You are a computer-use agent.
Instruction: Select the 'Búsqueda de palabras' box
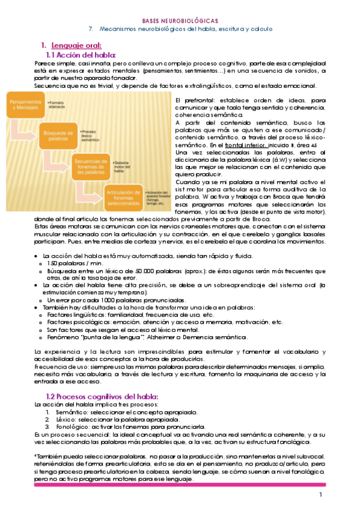(x=56, y=133)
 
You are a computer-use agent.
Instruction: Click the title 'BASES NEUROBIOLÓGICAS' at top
(x=179, y=20)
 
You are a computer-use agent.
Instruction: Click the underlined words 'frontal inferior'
(x=245, y=146)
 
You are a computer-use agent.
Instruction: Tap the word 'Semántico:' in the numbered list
(x=73, y=412)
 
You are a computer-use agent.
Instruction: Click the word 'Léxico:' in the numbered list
(x=69, y=419)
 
